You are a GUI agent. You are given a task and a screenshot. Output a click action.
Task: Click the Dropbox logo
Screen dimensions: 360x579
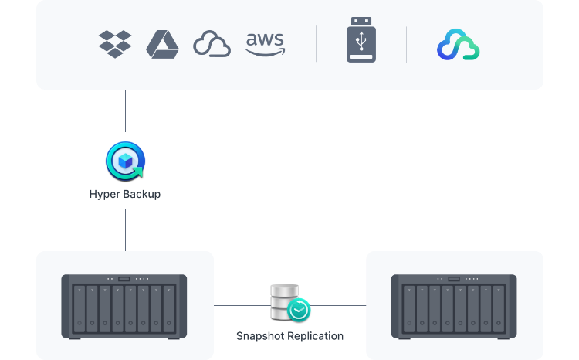115,44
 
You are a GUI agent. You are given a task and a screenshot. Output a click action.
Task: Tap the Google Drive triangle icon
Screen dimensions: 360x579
162,44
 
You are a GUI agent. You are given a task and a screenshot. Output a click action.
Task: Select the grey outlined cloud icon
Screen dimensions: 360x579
212,44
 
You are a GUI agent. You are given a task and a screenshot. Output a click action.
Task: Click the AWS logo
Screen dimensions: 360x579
265,44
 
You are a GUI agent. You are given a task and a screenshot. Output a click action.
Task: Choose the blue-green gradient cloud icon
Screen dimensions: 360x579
458,45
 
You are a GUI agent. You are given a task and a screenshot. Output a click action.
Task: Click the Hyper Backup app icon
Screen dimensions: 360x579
124,160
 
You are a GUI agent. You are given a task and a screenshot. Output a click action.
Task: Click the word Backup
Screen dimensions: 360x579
143,193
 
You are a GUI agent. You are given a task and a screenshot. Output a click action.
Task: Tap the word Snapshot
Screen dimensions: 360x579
261,336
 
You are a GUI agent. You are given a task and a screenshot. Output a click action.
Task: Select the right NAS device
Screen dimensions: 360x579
454,305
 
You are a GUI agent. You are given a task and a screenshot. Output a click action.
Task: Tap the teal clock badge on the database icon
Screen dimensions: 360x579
299,310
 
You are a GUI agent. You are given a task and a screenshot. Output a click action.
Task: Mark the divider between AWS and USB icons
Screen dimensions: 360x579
317,44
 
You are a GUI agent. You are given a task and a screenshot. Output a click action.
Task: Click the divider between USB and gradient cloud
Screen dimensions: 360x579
407,44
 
